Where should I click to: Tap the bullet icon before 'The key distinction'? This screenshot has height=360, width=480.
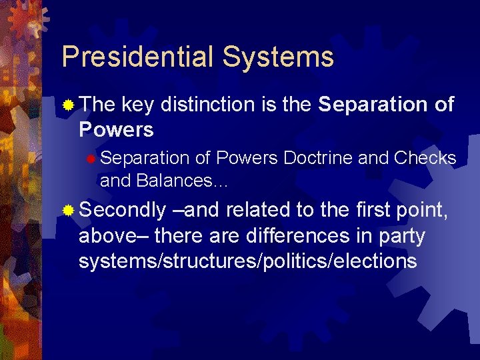pyautogui.click(x=69, y=105)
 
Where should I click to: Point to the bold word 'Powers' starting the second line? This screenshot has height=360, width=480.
pyautogui.click(x=116, y=129)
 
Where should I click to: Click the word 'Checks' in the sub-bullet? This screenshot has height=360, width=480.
pyautogui.click(x=425, y=158)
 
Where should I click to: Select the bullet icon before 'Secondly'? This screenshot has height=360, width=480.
pyautogui.click(x=69, y=211)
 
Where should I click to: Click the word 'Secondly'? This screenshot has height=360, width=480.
pyautogui.click(x=122, y=211)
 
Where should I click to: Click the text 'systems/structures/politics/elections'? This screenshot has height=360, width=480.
pyautogui.click(x=247, y=261)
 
